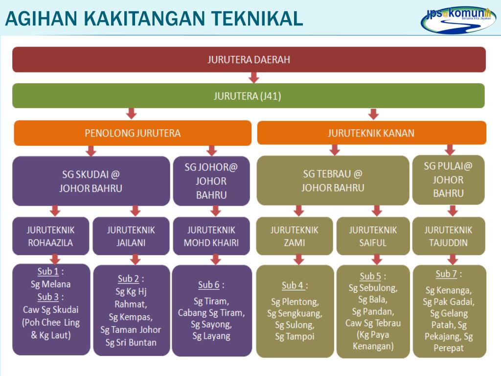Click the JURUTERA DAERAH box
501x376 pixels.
click(x=249, y=60)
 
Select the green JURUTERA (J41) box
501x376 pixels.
click(x=248, y=96)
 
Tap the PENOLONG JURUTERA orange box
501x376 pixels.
click(x=133, y=133)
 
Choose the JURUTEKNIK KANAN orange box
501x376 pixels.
click(x=371, y=133)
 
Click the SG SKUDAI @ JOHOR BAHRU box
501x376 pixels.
click(x=91, y=181)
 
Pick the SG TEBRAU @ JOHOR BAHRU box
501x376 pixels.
click(x=333, y=181)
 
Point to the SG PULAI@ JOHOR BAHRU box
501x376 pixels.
click(x=448, y=180)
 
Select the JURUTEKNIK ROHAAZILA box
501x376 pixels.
click(x=51, y=236)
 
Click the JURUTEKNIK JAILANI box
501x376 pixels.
click(x=131, y=236)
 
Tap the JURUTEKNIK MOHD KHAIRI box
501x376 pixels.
click(x=211, y=236)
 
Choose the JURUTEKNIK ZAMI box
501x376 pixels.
click(x=295, y=236)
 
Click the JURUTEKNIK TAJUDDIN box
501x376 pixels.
click(x=449, y=236)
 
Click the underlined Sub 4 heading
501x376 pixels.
click(x=293, y=285)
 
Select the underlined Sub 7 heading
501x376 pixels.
click(x=446, y=274)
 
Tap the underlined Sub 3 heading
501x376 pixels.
click(x=48, y=297)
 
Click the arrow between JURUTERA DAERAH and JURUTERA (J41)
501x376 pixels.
click(x=253, y=77)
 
